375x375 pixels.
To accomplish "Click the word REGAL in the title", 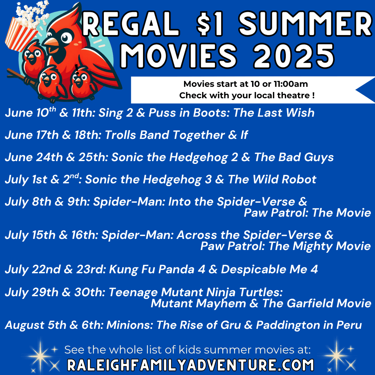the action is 131,24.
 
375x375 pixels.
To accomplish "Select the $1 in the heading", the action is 210,24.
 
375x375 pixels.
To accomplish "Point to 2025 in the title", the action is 294,56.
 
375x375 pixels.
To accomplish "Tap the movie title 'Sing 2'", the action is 116,112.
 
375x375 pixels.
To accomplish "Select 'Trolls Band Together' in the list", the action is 165,135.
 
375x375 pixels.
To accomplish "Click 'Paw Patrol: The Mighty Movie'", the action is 285,246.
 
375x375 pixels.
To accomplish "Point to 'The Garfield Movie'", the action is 317,303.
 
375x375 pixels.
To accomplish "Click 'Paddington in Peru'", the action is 309,325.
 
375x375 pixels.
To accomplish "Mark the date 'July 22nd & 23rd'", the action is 55,269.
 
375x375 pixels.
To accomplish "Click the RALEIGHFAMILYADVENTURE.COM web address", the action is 190,365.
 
